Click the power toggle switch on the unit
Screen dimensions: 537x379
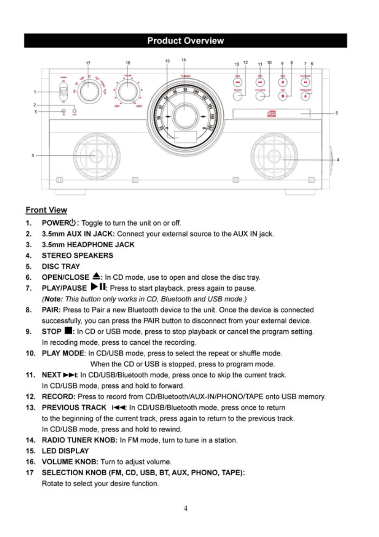pyautogui.click(x=63, y=92)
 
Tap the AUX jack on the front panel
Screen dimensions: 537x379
pyautogui.click(x=74, y=110)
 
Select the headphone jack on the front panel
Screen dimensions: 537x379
pyautogui.click(x=64, y=110)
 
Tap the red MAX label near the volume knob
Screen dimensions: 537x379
pyautogui.click(x=139, y=106)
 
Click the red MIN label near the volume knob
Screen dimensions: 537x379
pyautogui.click(x=117, y=106)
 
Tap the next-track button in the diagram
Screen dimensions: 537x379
pyautogui.click(x=260, y=82)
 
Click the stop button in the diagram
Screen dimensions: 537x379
pyautogui.click(x=283, y=82)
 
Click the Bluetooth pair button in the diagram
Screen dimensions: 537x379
pyautogui.click(x=283, y=95)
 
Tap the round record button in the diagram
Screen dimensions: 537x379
pyautogui.click(x=238, y=95)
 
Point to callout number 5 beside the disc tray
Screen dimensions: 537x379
pyautogui.click(x=337, y=113)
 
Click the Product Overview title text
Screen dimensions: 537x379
pyautogui.click(x=185, y=41)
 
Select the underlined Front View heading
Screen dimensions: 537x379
pyautogui.click(x=46, y=210)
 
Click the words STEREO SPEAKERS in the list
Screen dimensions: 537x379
pyautogui.click(x=77, y=255)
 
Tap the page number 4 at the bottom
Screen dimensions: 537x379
pyautogui.click(x=185, y=509)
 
